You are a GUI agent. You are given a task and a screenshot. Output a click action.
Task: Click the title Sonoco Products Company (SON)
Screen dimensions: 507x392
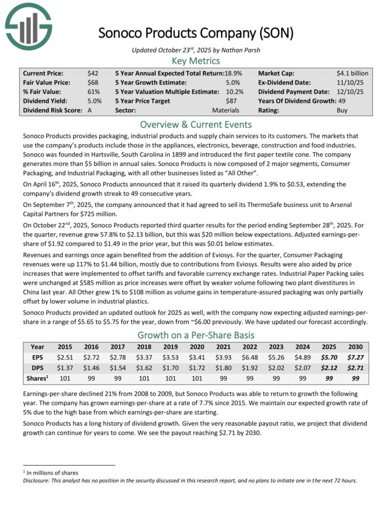(195, 33)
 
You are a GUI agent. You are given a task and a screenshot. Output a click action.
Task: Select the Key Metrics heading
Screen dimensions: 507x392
(195, 61)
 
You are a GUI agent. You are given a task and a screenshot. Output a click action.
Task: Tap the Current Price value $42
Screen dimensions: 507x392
(93, 73)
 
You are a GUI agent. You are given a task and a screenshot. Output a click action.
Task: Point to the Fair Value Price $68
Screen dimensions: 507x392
(93, 82)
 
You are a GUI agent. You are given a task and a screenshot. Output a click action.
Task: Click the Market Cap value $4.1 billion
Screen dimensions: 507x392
(352, 73)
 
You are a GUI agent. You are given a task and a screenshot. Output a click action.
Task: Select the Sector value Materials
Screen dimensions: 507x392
(226, 110)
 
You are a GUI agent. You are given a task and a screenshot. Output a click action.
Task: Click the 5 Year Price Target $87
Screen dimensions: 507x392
(232, 101)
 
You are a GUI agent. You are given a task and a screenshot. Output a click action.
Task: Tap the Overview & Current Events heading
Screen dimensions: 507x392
(195, 124)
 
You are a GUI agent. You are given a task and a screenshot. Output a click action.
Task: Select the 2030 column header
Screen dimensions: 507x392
(354, 347)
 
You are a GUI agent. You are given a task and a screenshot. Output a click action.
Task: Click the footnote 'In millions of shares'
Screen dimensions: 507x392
(52, 473)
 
